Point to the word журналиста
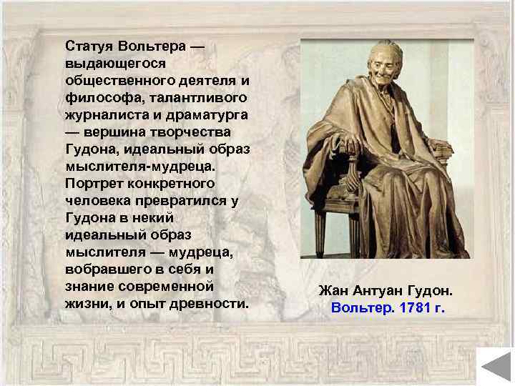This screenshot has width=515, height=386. [106, 114]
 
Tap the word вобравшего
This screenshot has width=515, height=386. [108, 269]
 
